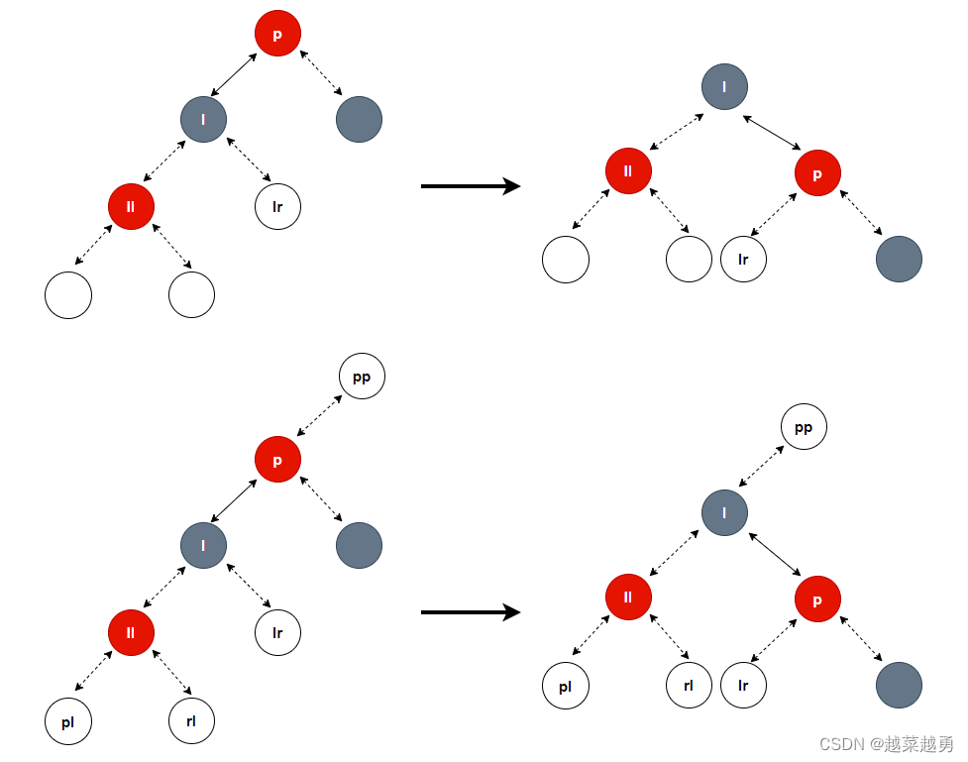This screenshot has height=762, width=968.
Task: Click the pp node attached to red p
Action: pyautogui.click(x=362, y=377)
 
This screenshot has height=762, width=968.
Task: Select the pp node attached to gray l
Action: pyautogui.click(x=804, y=427)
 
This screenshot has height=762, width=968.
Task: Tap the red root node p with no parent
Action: pyautogui.click(x=277, y=35)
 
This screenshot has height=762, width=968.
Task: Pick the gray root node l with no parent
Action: pyautogui.click(x=724, y=86)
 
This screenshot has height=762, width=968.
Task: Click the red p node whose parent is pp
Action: pyautogui.click(x=277, y=460)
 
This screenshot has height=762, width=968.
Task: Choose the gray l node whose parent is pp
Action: pyautogui.click(x=724, y=512)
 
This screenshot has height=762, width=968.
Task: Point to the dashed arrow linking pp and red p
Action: pyautogui.click(x=320, y=417)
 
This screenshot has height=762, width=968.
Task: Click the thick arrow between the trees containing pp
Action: pyautogui.click(x=471, y=612)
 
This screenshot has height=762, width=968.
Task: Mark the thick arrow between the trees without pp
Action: pyautogui.click(x=471, y=186)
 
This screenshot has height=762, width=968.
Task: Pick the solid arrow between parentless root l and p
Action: pyautogui.click(x=772, y=133)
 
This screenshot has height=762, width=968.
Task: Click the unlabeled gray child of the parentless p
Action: pyautogui.click(x=359, y=120)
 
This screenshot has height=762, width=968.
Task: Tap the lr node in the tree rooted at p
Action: pyautogui.click(x=277, y=207)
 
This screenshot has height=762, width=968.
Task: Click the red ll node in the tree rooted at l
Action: pyautogui.click(x=628, y=171)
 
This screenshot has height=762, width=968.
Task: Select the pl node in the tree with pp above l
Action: pyautogui.click(x=566, y=686)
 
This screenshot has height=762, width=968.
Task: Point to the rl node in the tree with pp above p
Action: pyautogui.click(x=191, y=721)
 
